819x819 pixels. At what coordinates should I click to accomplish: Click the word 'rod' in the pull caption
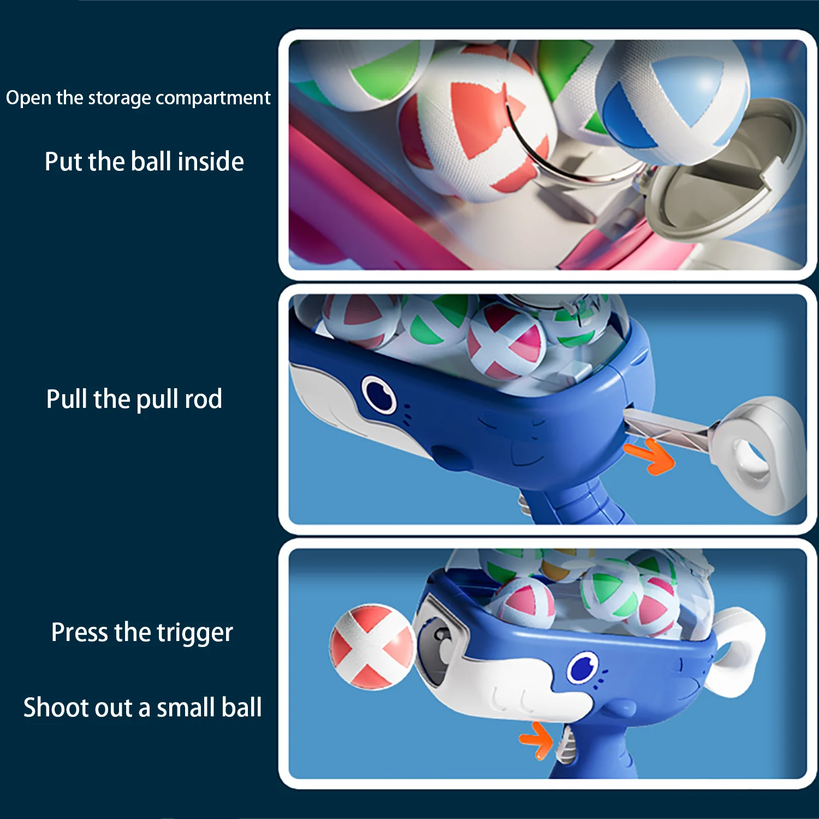pos(203,399)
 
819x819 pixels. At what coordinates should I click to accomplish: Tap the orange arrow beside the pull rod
pos(651,455)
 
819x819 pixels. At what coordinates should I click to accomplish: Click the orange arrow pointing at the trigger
pos(536,740)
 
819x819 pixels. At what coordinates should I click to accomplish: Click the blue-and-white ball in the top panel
pos(672,104)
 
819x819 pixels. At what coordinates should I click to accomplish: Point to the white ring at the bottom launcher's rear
pos(737,652)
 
